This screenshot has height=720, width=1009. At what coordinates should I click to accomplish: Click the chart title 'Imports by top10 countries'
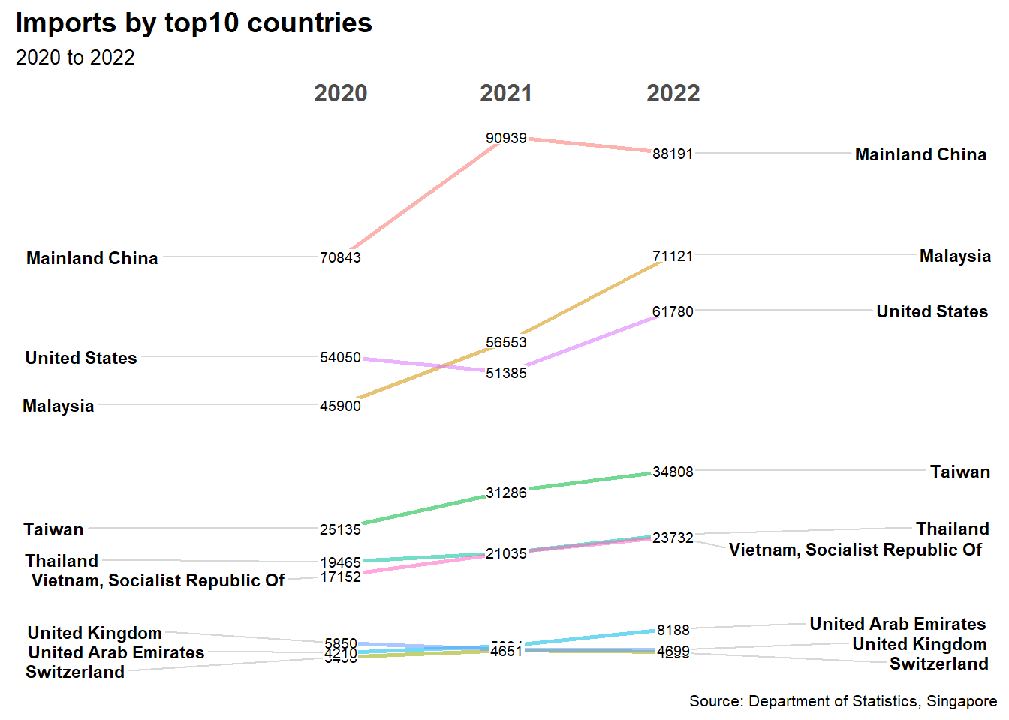pos(194,23)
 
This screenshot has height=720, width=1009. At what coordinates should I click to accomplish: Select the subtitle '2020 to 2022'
pos(75,58)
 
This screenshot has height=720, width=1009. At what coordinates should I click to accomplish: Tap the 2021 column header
pos(506,93)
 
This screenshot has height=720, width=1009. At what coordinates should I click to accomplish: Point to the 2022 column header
pos(673,93)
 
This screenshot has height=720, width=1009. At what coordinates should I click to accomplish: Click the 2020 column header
pos(340,93)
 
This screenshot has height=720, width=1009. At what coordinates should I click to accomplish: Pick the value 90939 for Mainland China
pos(506,138)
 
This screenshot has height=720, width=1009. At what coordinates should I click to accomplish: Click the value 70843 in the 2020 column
pos(340,257)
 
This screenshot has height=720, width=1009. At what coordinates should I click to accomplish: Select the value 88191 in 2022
pos(673,154)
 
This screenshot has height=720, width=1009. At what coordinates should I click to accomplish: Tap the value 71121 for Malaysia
pos(673,256)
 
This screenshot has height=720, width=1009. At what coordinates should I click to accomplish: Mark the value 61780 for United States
pos(673,311)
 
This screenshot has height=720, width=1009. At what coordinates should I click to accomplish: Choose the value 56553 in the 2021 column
pos(506,342)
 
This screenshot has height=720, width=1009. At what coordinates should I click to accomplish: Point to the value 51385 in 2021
pos(506,373)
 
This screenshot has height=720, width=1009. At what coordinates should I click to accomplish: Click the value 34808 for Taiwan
pos(673,472)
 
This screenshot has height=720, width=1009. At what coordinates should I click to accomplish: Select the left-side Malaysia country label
pos(59,406)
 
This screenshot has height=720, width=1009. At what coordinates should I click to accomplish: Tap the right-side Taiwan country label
pos(960,472)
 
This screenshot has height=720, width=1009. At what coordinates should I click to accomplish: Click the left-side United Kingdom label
pos(95,633)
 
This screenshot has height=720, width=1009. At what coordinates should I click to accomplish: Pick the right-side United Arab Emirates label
pos(897,624)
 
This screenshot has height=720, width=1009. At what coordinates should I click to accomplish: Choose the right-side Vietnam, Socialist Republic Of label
pos(855,550)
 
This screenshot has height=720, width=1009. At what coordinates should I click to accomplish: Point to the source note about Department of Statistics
pos(843,701)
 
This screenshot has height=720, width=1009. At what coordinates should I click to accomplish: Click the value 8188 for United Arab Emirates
pos(673,630)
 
